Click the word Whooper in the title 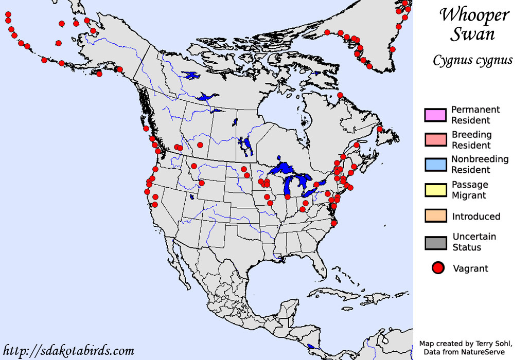473,15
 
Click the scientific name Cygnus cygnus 472,61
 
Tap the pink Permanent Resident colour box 435,115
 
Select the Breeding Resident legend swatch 435,139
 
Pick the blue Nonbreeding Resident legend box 435,164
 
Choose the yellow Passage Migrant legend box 435,189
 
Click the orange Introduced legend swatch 435,216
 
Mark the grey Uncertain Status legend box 435,242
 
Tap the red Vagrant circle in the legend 438,268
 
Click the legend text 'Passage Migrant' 470,189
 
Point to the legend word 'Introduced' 476,217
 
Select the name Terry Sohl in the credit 490,343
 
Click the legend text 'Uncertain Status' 474,242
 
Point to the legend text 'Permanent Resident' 475,115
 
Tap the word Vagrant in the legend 470,268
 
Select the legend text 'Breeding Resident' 471,139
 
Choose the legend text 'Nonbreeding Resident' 480,164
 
